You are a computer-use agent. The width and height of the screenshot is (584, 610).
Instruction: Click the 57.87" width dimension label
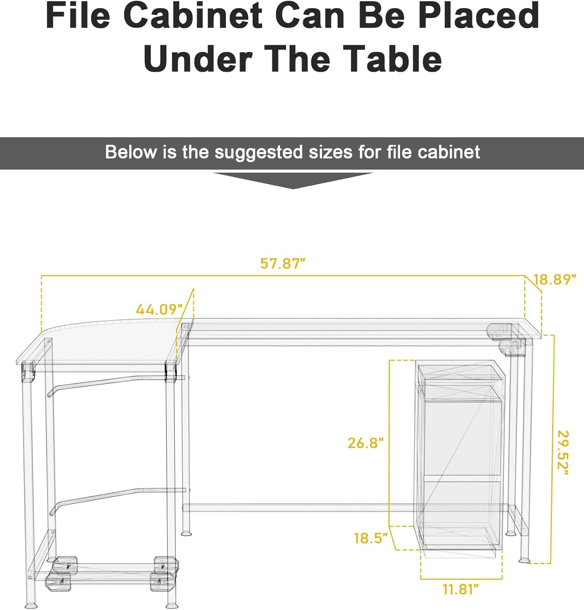pos(283,264)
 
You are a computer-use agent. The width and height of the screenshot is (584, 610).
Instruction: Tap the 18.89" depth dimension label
pos(555,280)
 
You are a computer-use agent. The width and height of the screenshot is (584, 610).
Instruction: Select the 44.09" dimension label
pos(159,310)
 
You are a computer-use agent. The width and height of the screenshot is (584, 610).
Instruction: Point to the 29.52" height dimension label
pos(563,452)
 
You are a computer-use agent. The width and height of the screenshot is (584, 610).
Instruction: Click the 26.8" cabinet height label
pos(365,443)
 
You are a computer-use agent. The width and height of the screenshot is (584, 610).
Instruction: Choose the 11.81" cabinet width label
pos(461,589)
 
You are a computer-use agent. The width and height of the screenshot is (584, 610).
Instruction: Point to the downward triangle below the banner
pos(293,180)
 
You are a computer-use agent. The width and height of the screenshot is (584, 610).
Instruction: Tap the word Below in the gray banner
pos(130,152)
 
